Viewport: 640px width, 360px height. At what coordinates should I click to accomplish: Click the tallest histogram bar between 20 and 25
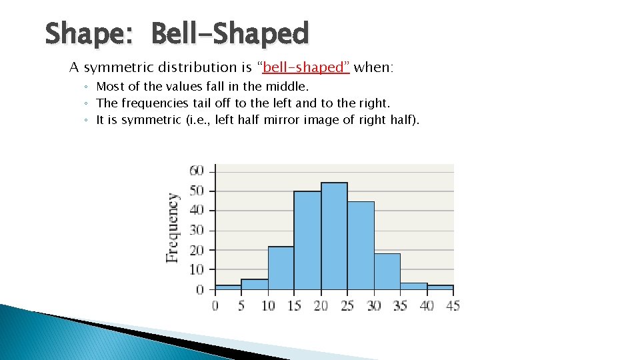point(334,237)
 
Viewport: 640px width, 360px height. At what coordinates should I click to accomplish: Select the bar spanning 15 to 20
point(307,241)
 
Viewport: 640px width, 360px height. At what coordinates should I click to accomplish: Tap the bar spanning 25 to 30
point(361,246)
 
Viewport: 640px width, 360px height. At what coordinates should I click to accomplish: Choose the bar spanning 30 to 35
point(387,271)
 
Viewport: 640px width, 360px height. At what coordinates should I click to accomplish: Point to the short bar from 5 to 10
point(255,284)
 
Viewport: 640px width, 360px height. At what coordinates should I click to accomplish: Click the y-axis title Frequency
point(173,227)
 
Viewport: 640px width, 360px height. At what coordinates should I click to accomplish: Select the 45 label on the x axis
point(452,305)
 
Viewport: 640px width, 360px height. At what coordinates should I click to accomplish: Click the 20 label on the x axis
point(321,305)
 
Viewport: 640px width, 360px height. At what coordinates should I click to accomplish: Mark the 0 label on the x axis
point(215,305)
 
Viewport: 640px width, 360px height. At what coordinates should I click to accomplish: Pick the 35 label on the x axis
point(399,305)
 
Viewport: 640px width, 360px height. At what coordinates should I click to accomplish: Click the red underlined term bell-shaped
point(307,67)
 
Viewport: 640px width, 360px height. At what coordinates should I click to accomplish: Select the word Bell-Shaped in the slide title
point(230,33)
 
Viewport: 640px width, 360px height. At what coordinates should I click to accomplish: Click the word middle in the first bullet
point(288,87)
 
